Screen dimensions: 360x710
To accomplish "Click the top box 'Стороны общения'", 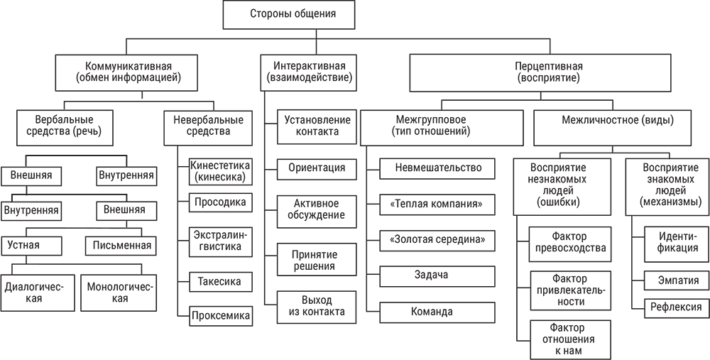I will pyautogui.click(x=293, y=14).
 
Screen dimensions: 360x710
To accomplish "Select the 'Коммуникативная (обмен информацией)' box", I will pyautogui.click(x=129, y=72).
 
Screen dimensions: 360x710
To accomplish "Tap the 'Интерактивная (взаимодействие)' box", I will pyautogui.click(x=306, y=72).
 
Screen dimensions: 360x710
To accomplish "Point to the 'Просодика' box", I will pyautogui.click(x=220, y=202).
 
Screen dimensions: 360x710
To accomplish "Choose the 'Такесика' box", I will pyautogui.click(x=220, y=282).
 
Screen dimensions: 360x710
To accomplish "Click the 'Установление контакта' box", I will pyautogui.click(x=307, y=126).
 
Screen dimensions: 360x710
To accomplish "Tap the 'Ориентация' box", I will pyautogui.click(x=307, y=168).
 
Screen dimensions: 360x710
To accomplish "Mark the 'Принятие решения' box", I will pyautogui.click(x=307, y=260).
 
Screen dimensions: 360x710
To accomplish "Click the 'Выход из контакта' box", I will pyautogui.click(x=307, y=305).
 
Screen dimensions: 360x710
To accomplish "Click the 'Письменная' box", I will pyautogui.click(x=119, y=246).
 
